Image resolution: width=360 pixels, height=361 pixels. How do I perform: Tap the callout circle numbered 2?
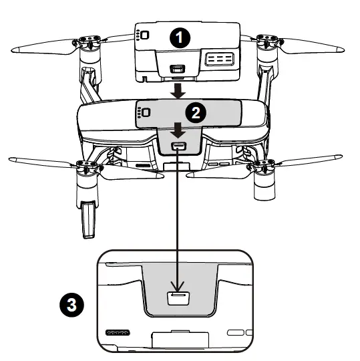point(194,112)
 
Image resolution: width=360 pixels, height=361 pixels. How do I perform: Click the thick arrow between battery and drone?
point(177,90)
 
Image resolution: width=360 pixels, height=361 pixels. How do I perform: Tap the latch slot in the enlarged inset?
point(178,299)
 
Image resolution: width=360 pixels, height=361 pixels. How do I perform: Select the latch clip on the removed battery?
point(177,69)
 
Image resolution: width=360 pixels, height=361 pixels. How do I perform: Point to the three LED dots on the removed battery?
point(137,36)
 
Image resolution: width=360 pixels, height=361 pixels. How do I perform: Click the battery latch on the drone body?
point(178,147)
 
